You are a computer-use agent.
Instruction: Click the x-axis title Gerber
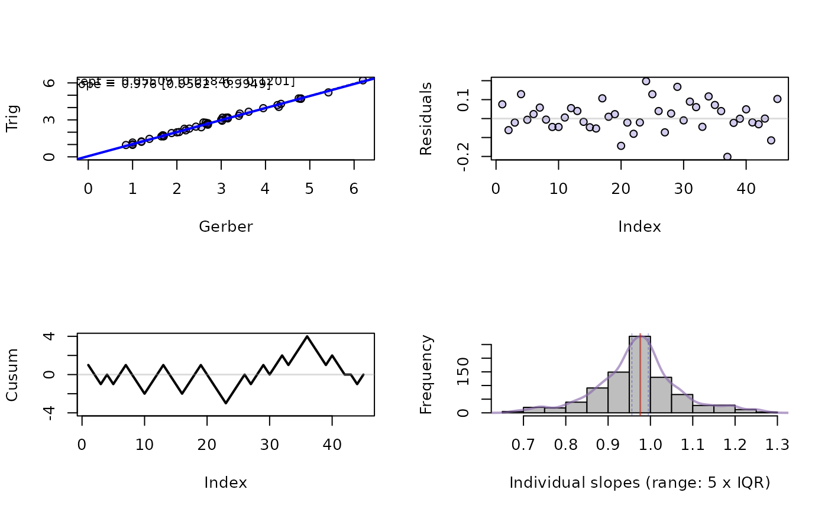[225, 226]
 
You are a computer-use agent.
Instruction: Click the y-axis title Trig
[12, 118]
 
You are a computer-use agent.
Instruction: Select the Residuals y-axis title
[426, 118]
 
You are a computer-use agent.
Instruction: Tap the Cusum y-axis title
[12, 375]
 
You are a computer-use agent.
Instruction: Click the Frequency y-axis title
[426, 375]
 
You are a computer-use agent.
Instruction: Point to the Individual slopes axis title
[639, 483]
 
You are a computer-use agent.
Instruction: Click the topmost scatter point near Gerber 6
[363, 80]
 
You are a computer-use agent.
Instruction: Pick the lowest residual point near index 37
[727, 157]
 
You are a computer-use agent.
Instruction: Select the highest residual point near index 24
[646, 82]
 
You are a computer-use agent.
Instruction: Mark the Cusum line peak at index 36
[307, 336]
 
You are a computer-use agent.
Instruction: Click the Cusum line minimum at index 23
[226, 403]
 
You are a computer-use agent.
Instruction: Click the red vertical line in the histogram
[640, 378]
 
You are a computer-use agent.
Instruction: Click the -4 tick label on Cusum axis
[53, 412]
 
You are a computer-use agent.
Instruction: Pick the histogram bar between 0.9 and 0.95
[618, 393]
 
